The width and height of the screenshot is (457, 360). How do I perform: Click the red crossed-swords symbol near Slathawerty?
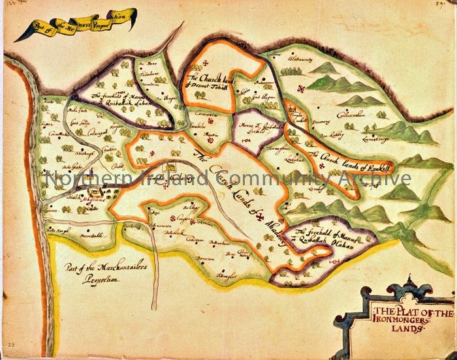[x=301, y=88]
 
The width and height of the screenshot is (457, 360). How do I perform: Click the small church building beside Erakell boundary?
[x=293, y=110]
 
